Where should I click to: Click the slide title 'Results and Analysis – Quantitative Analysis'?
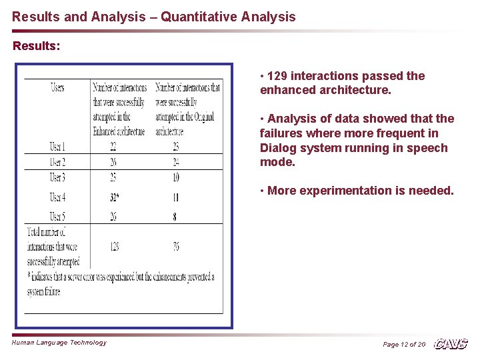click(x=153, y=17)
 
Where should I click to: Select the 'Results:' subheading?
click(x=37, y=47)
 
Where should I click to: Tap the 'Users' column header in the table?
click(x=57, y=87)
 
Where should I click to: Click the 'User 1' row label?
click(x=57, y=147)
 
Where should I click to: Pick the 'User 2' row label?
click(x=57, y=163)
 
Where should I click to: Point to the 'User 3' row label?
click(x=57, y=178)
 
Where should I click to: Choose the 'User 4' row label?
click(x=57, y=197)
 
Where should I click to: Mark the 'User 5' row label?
click(x=57, y=216)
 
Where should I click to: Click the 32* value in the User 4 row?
click(x=115, y=197)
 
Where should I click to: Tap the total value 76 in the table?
click(x=175, y=247)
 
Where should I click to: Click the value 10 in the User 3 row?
click(x=175, y=178)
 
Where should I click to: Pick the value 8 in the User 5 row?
click(x=175, y=216)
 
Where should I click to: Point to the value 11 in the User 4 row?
click(x=175, y=197)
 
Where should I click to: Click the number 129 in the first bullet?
click(x=277, y=76)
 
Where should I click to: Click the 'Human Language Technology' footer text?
click(x=59, y=343)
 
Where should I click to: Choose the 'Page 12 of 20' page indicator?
click(x=403, y=344)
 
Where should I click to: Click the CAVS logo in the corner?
click(x=451, y=344)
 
